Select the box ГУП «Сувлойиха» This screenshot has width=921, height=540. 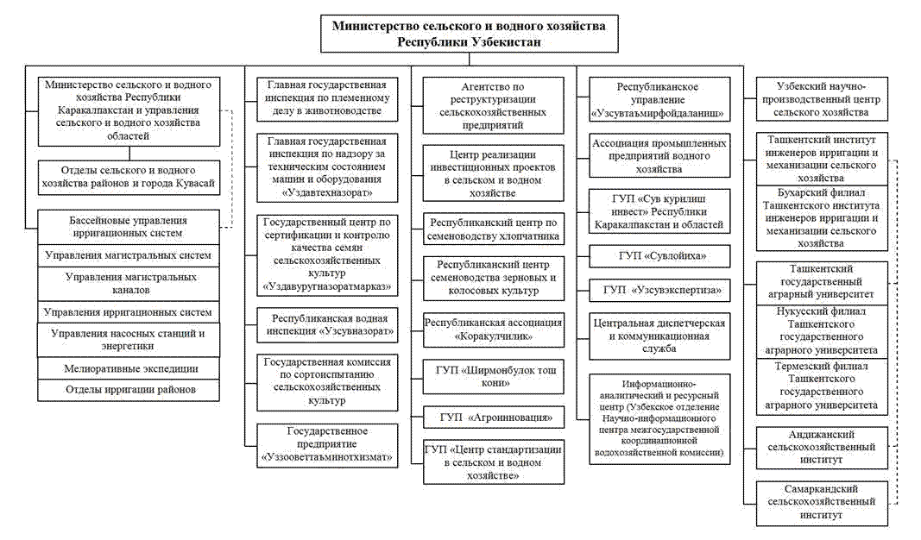pyautogui.click(x=659, y=256)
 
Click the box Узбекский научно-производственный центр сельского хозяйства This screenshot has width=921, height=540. pyautogui.click(x=821, y=98)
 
